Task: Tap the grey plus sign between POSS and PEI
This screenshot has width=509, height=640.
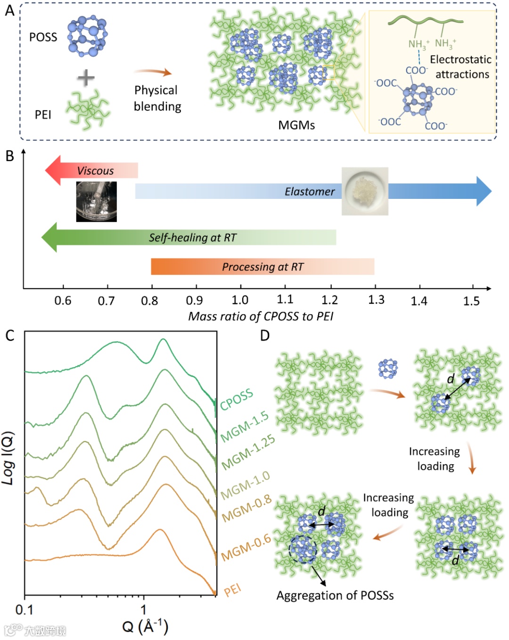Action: pos(86,78)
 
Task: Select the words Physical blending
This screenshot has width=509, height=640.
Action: pos(157,98)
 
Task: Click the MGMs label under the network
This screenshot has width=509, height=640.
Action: pos(296,125)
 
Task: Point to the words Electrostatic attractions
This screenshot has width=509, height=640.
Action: pos(461,67)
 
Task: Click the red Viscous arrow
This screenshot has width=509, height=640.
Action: pos(92,171)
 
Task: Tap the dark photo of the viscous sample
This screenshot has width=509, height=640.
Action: pos(97,202)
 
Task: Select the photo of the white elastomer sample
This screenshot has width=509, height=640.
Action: pos(365,191)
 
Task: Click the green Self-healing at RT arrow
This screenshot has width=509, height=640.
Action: pos(189,238)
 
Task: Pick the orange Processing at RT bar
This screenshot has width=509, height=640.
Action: pos(263,267)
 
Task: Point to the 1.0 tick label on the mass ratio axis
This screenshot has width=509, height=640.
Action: pos(240,300)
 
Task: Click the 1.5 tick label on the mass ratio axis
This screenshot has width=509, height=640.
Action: pos(471,301)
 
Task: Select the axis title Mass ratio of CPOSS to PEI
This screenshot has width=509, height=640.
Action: pos(261,316)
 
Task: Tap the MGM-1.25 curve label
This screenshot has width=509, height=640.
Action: pos(248,452)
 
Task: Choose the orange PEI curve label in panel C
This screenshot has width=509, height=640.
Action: pos(232,590)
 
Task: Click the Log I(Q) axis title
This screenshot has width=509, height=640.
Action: pos(8,458)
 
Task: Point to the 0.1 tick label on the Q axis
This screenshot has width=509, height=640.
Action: pos(25,610)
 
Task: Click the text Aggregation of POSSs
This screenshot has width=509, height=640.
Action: pos(335,596)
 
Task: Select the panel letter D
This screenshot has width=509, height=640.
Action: pos(265,336)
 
